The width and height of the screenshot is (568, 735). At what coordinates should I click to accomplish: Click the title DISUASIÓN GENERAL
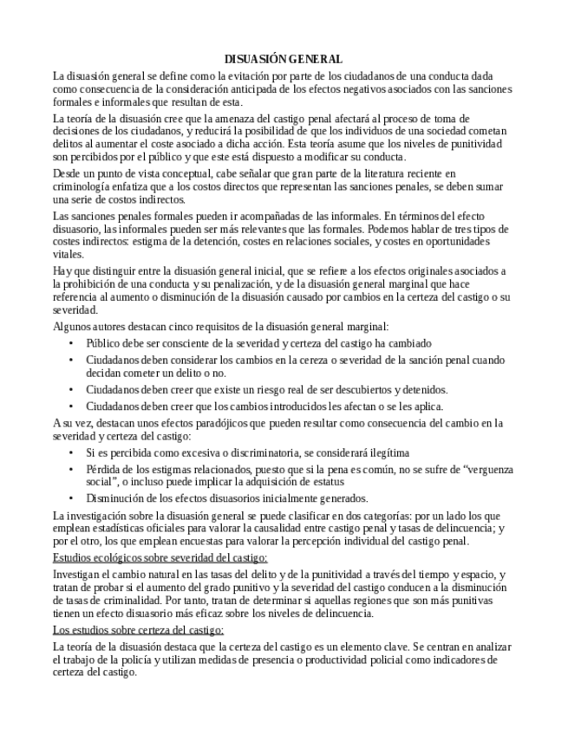284,59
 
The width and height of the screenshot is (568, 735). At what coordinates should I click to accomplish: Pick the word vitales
69,256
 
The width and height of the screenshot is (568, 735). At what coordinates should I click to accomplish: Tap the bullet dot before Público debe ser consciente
70,343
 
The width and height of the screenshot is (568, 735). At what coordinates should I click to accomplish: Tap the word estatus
325,481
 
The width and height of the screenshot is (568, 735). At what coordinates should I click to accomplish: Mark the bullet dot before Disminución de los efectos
70,498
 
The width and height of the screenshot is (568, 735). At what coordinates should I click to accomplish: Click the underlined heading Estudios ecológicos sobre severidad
160,557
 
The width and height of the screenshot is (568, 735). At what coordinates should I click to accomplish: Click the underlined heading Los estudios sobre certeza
139,629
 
